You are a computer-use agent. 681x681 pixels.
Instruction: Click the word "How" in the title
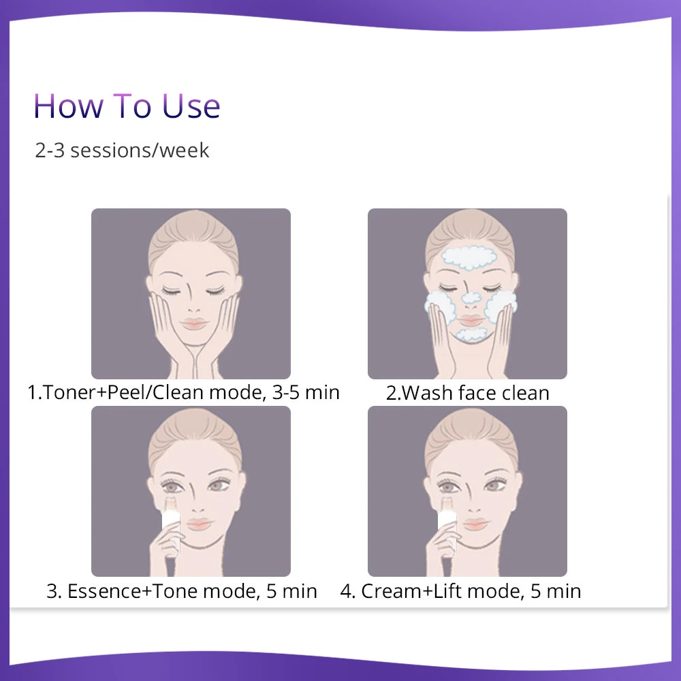click(x=69, y=106)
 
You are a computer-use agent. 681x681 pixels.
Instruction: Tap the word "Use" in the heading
click(x=191, y=106)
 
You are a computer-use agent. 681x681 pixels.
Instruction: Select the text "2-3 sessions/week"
click(x=122, y=151)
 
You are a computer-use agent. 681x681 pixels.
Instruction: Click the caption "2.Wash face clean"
click(x=468, y=393)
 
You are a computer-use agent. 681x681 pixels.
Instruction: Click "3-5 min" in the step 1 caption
click(x=306, y=392)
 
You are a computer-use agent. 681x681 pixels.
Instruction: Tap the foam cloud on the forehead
click(x=469, y=257)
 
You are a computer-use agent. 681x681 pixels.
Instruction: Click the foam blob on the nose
click(x=471, y=298)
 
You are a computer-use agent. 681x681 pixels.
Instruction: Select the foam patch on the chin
click(x=473, y=334)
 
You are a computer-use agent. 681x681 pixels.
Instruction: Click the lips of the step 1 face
click(x=193, y=323)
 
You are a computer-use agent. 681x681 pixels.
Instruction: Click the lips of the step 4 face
click(x=475, y=523)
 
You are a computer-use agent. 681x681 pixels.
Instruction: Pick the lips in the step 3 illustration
click(x=199, y=523)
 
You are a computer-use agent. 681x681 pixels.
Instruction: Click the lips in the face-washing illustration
click(x=471, y=321)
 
